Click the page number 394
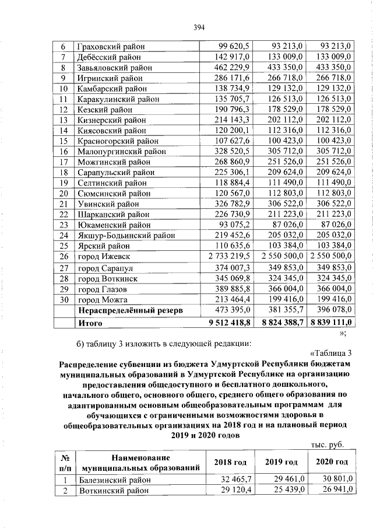198,26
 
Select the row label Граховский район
111,46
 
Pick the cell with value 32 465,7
235,480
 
